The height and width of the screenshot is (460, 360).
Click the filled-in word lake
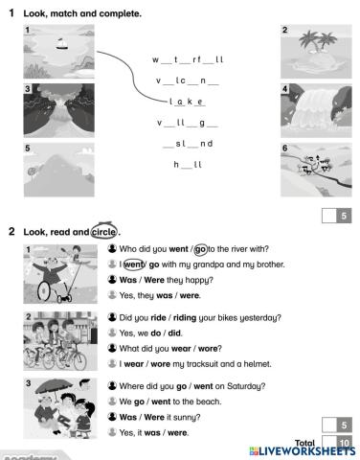pos(188,101)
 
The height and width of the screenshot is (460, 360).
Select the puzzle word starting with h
pos(188,165)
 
